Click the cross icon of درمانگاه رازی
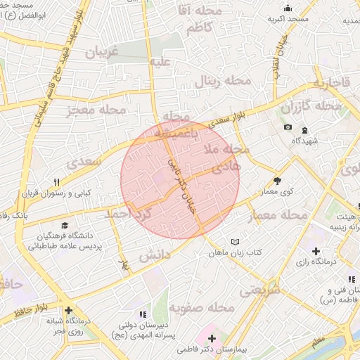pyautogui.click(x=316, y=251)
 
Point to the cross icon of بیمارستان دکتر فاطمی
pyautogui.click(x=212, y=339)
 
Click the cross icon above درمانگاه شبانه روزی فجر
pyautogui.click(x=68, y=310)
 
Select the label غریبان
pyautogui.click(x=101, y=52)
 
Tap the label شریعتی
pyautogui.click(x=259, y=289)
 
